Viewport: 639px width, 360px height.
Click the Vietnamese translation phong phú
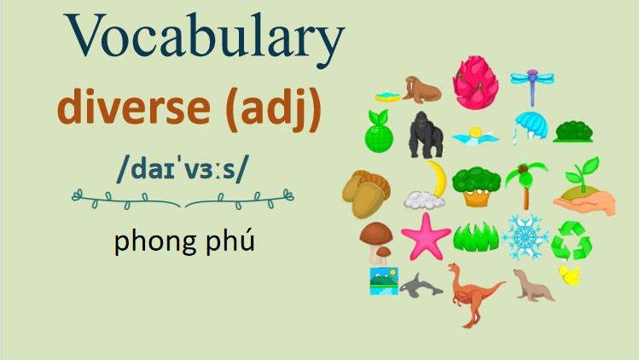pos(184,242)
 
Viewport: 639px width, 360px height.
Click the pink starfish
pos(425,237)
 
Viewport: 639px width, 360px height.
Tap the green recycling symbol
pos(572,241)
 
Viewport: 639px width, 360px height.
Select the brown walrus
pos(421,88)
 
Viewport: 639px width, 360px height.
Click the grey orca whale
pos(421,284)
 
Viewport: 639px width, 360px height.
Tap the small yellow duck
pos(569,276)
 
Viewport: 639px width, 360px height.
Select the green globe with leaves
pos(379,131)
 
